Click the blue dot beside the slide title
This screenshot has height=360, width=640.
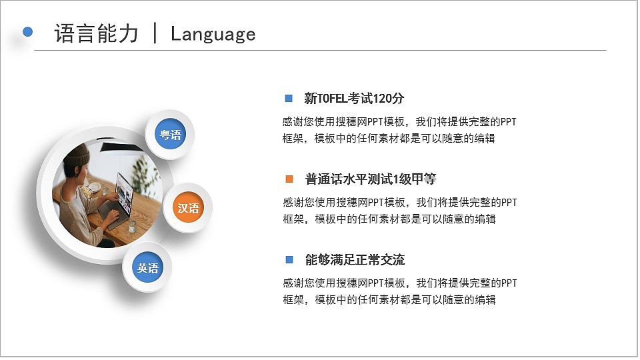pos(28,31)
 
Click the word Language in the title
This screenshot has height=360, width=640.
pos(213,34)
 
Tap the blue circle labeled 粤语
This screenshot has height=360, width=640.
pos(170,135)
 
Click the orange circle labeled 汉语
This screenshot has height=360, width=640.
pos(188,208)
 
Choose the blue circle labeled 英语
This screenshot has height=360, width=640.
pos(147,268)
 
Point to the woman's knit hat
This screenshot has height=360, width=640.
pos(77,157)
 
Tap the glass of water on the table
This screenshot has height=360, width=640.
pos(131,226)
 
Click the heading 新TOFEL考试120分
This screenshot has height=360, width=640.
pos(353,99)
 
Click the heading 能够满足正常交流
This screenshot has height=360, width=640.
pos(355,260)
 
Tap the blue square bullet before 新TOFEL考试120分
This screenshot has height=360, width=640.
pos(289,99)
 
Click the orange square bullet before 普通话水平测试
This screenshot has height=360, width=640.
pos(289,179)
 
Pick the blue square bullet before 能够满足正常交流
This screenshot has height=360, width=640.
pos(289,259)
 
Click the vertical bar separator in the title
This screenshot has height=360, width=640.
pos(155,33)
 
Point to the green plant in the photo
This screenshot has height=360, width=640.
pos(141,170)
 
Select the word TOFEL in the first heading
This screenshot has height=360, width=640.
pos(333,99)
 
